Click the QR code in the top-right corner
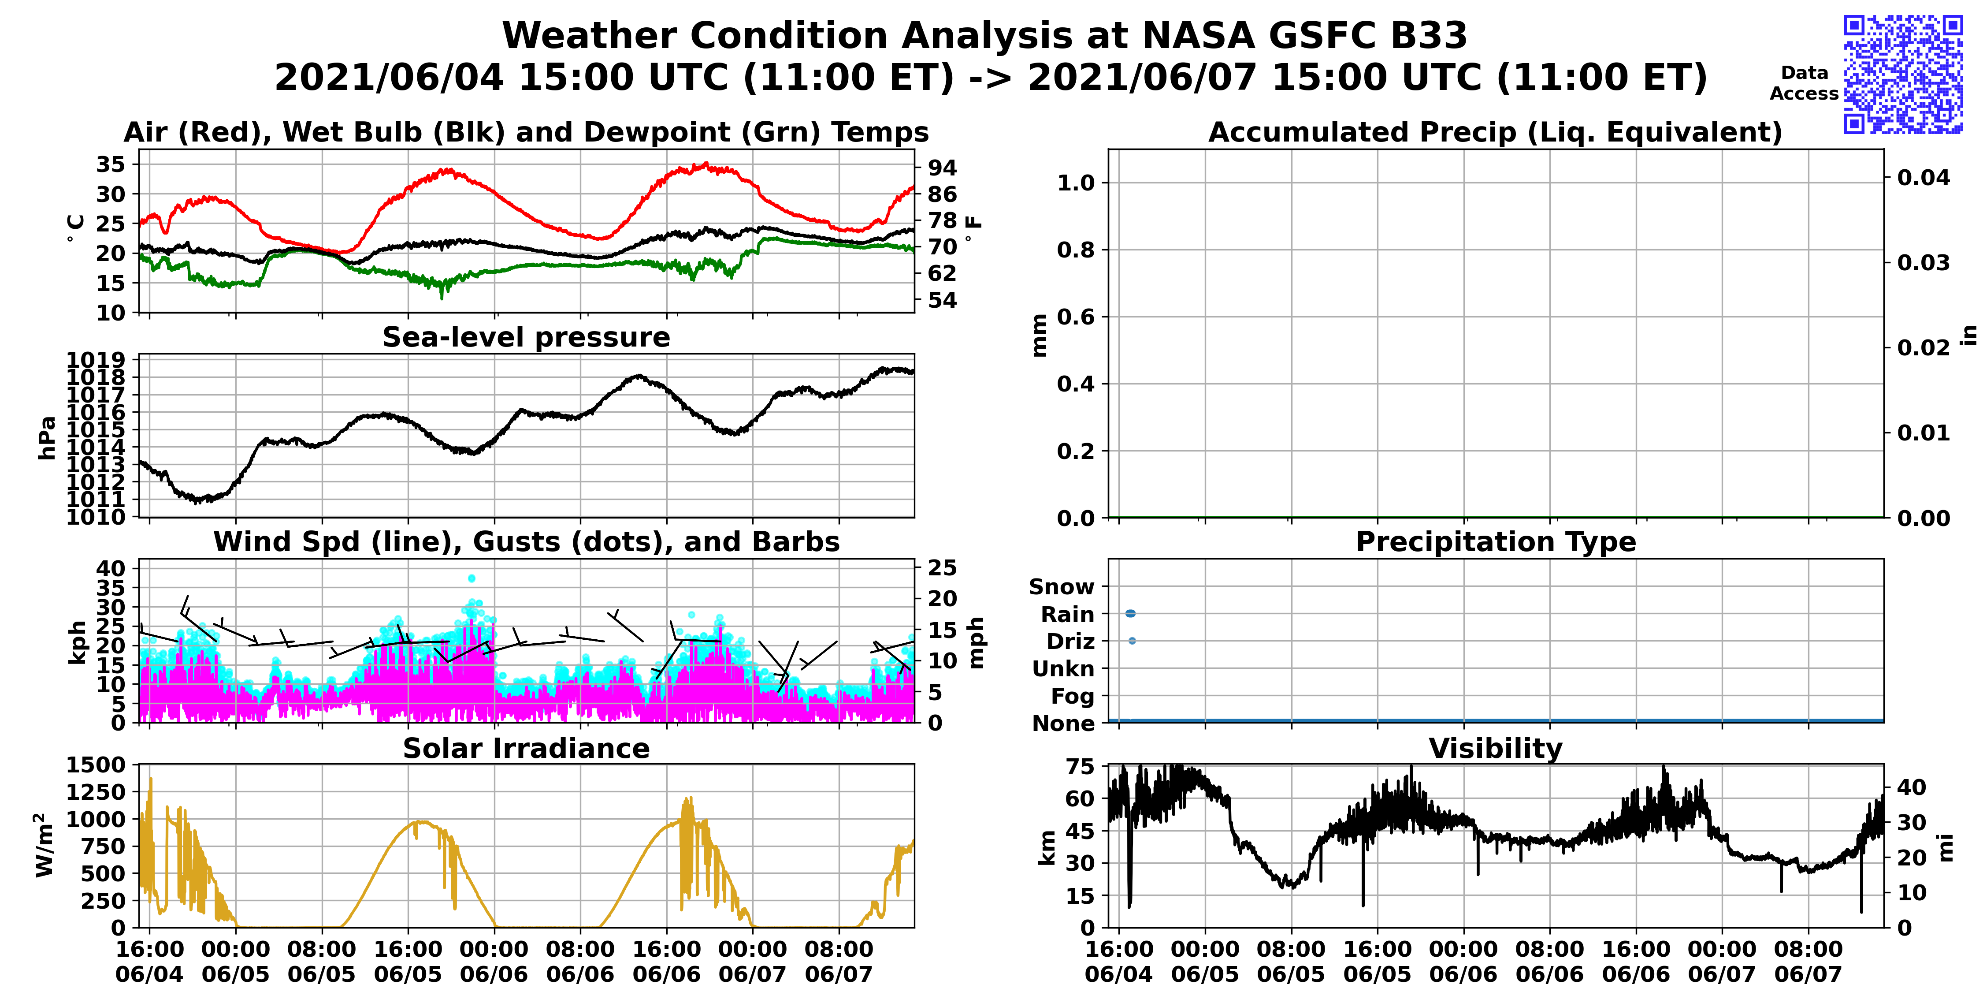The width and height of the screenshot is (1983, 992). [x=1903, y=74]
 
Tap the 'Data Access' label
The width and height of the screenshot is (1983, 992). [x=1804, y=83]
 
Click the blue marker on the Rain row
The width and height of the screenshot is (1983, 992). [x=1130, y=613]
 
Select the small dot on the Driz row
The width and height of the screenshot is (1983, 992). [x=1132, y=641]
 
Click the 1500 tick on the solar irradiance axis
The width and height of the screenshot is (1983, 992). [x=96, y=765]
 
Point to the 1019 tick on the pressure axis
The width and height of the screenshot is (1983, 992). [x=96, y=360]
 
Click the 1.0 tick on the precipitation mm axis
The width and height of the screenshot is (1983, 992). [x=1075, y=183]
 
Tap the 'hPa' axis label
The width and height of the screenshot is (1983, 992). [x=47, y=437]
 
